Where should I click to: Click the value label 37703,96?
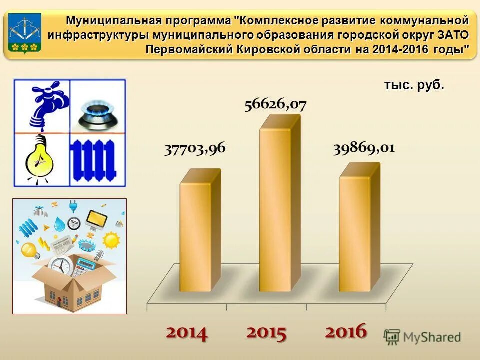coord(195,149)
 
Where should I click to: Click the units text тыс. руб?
coord(414,85)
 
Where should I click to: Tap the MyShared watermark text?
coord(432,337)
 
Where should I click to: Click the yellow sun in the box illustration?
coord(111,240)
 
